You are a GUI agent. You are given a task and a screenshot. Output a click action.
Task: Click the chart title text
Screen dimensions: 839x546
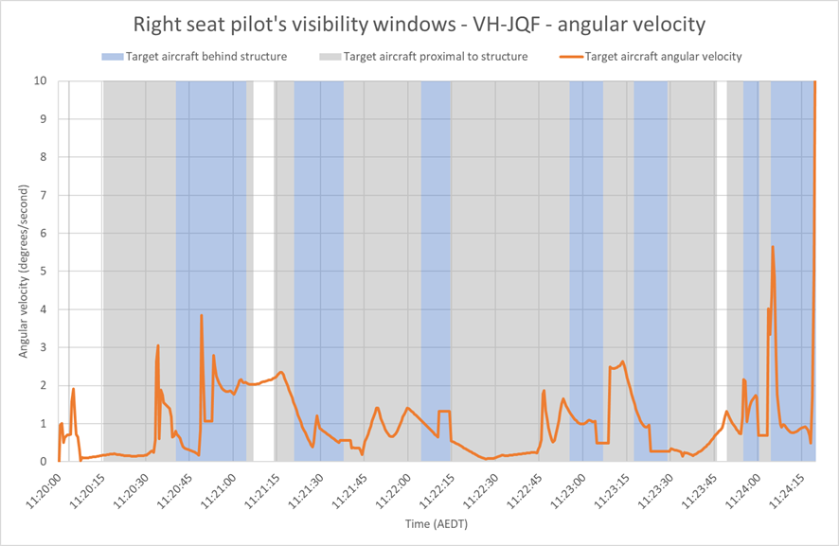pyautogui.click(x=419, y=25)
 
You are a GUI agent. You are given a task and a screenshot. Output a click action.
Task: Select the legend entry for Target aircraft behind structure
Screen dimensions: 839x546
pyautogui.click(x=195, y=57)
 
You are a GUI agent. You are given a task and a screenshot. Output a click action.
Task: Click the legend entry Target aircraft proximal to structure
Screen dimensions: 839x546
pyautogui.click(x=424, y=57)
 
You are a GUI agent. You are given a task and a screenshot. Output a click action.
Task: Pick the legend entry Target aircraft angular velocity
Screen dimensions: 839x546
pyautogui.click(x=652, y=57)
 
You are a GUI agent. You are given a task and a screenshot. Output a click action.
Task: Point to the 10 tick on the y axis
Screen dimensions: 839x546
pyautogui.click(x=41, y=80)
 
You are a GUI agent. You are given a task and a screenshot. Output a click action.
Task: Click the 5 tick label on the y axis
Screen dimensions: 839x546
pyautogui.click(x=44, y=272)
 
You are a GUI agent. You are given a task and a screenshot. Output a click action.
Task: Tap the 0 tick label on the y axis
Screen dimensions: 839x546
pyautogui.click(x=44, y=462)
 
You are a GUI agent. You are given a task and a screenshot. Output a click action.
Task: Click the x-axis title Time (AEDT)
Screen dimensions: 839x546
pyautogui.click(x=437, y=524)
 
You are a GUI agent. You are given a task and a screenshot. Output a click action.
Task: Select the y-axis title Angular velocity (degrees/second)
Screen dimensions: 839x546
pyautogui.click(x=23, y=272)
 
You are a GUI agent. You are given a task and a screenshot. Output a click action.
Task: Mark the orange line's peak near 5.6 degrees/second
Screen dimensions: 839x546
pyautogui.click(x=773, y=247)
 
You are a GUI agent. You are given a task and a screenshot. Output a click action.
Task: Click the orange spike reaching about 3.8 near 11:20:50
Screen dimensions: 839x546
pyautogui.click(x=201, y=315)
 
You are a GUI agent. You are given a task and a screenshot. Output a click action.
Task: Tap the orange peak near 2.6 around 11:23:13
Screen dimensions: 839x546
pyautogui.click(x=623, y=361)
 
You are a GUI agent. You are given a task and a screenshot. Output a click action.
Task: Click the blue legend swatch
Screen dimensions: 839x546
pyautogui.click(x=113, y=57)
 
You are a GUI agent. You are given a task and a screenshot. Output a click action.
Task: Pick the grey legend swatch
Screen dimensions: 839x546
pyautogui.click(x=330, y=57)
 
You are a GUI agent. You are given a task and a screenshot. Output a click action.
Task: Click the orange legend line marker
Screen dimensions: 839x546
pyautogui.click(x=571, y=57)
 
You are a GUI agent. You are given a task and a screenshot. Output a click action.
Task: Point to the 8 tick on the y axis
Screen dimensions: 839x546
pyautogui.click(x=44, y=157)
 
